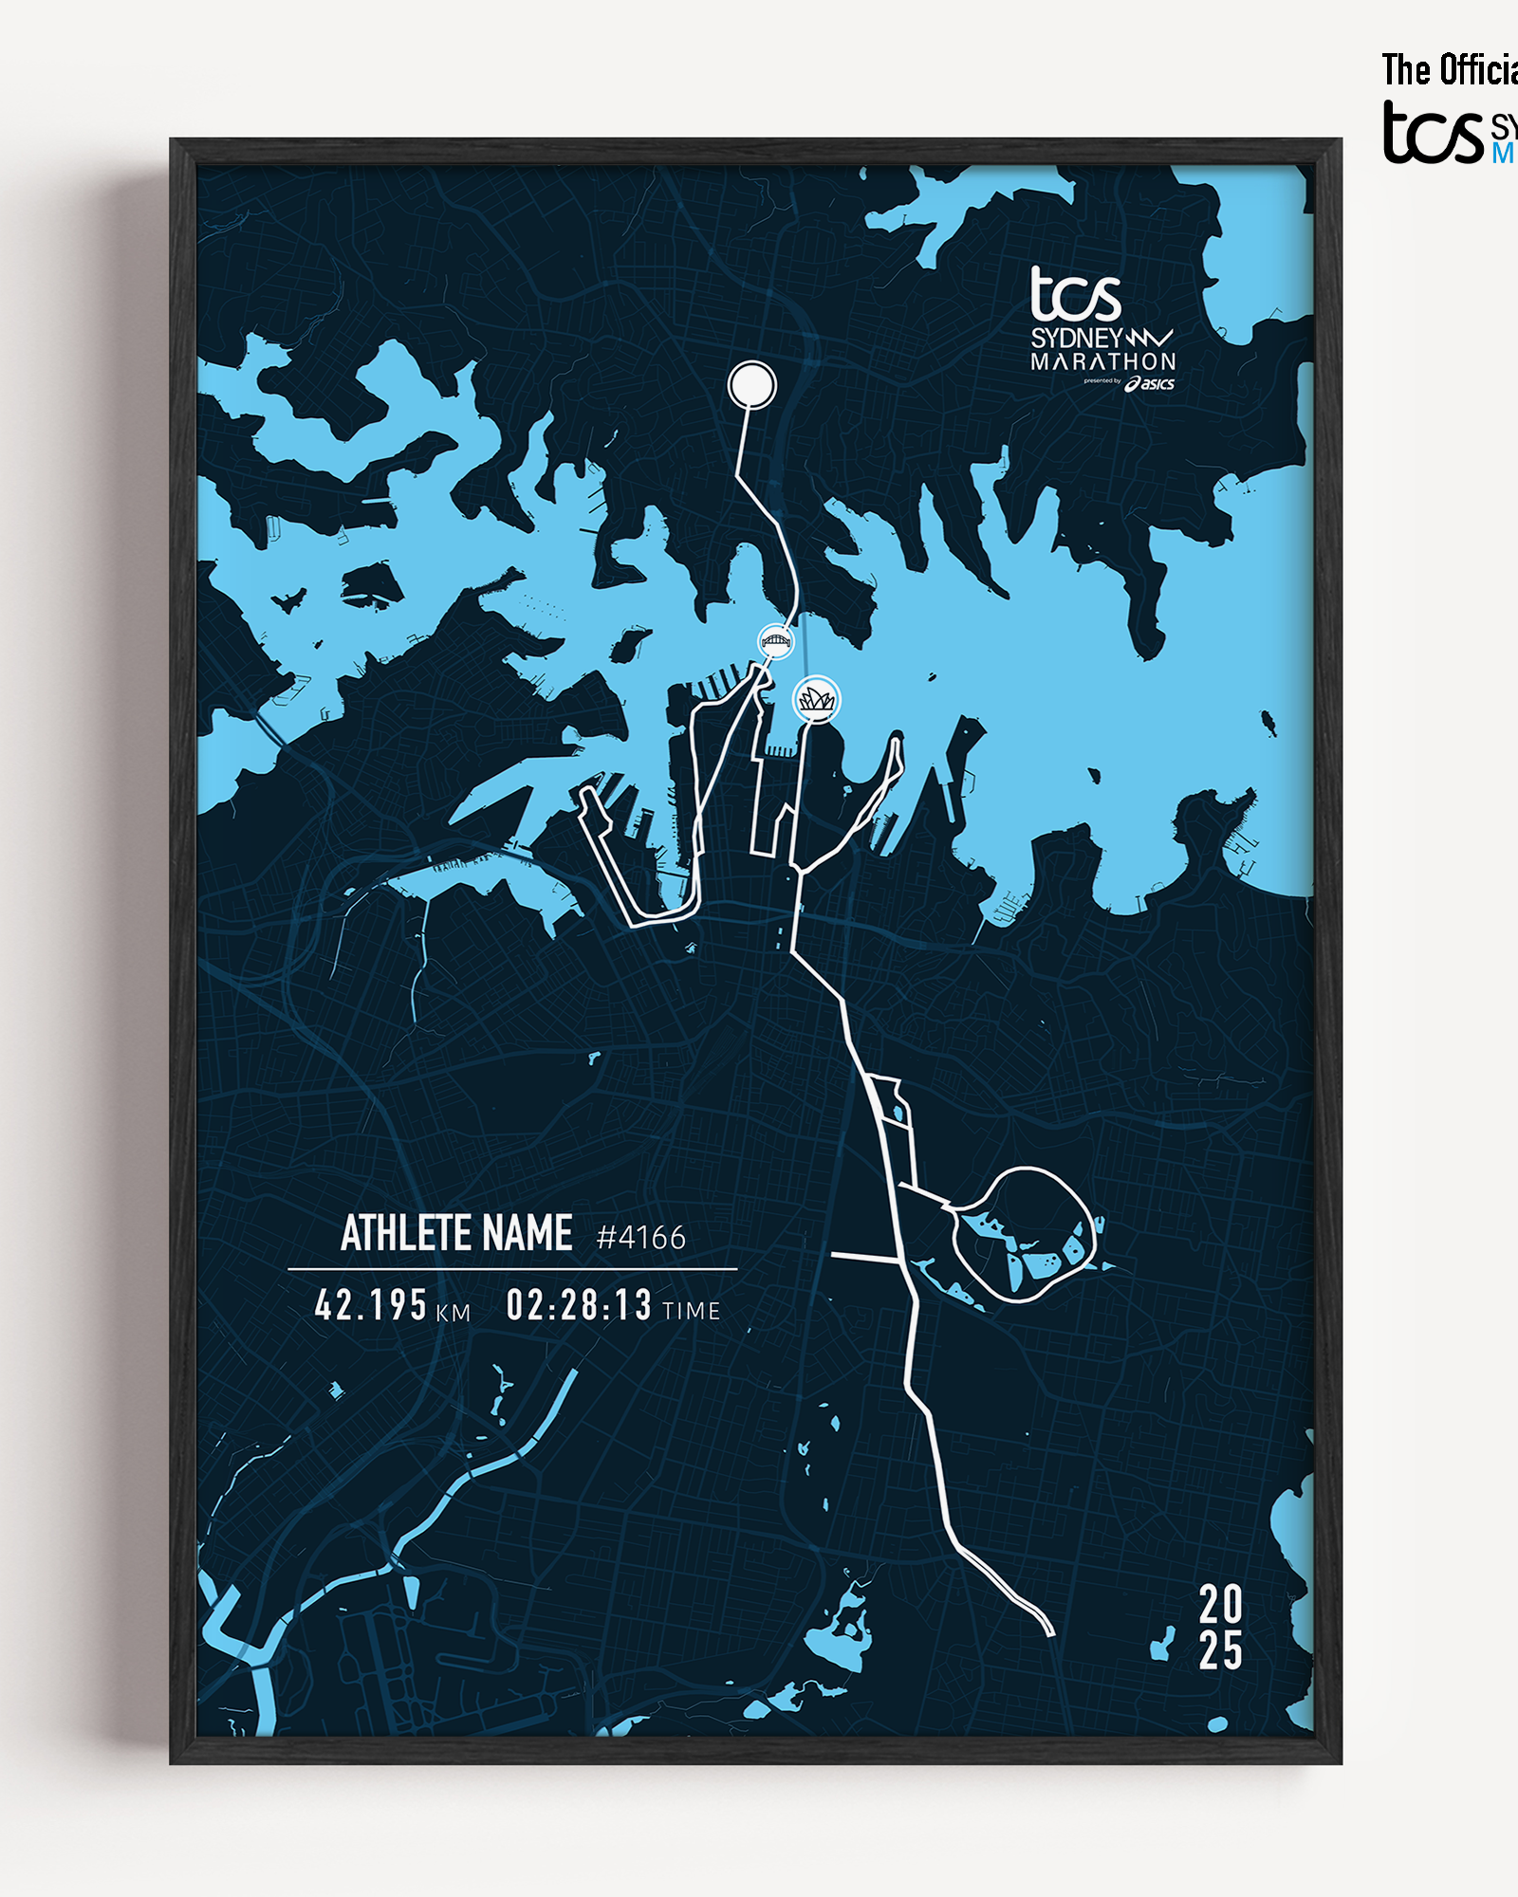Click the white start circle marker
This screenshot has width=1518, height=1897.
[x=751, y=384]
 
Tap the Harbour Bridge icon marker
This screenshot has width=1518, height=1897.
[x=775, y=642]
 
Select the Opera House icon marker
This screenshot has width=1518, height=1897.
[x=816, y=700]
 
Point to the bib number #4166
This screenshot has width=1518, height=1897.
[x=640, y=1238]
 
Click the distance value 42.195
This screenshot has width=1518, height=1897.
[x=370, y=1305]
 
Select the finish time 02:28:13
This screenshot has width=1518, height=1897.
[x=579, y=1305]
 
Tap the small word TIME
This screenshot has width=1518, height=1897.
[x=691, y=1311]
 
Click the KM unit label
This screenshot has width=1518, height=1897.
[x=453, y=1313]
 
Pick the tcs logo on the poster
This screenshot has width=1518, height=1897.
[x=1075, y=294]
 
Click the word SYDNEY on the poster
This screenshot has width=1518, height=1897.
[x=1077, y=339]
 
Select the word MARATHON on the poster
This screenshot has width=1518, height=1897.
[x=1102, y=362]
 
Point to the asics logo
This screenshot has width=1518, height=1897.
[x=1150, y=383]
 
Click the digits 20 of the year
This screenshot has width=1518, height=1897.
[x=1220, y=1605]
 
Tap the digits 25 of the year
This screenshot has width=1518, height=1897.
[x=1220, y=1651]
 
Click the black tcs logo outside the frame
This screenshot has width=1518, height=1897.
[x=1432, y=133]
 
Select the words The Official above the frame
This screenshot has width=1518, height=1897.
[x=1449, y=70]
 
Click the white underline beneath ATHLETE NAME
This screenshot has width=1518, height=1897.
[x=512, y=1268]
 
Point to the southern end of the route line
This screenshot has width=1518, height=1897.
[x=1050, y=1633]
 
